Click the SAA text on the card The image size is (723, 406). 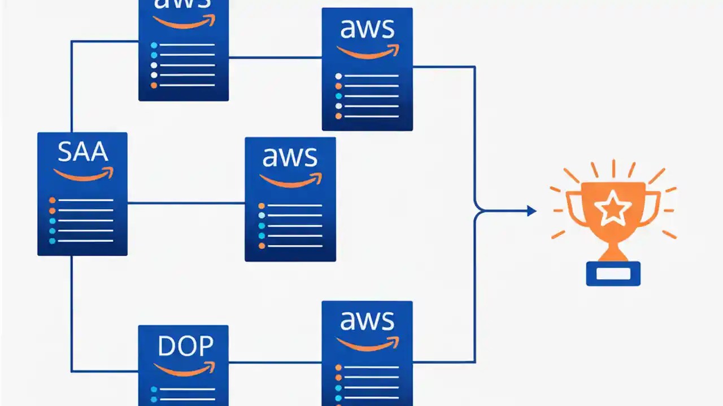(x=82, y=152)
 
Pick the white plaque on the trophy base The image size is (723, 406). (x=613, y=273)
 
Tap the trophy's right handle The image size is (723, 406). (x=655, y=206)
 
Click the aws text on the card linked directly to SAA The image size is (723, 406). (x=290, y=157)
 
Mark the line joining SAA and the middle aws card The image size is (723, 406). (x=186, y=203)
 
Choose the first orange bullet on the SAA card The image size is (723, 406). (x=52, y=200)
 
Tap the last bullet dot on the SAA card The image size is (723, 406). (x=52, y=241)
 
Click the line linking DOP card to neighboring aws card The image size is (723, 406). (x=275, y=362)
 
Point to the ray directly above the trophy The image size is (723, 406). (x=613, y=167)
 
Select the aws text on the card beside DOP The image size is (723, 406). (x=367, y=321)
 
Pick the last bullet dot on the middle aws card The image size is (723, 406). (x=262, y=246)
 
